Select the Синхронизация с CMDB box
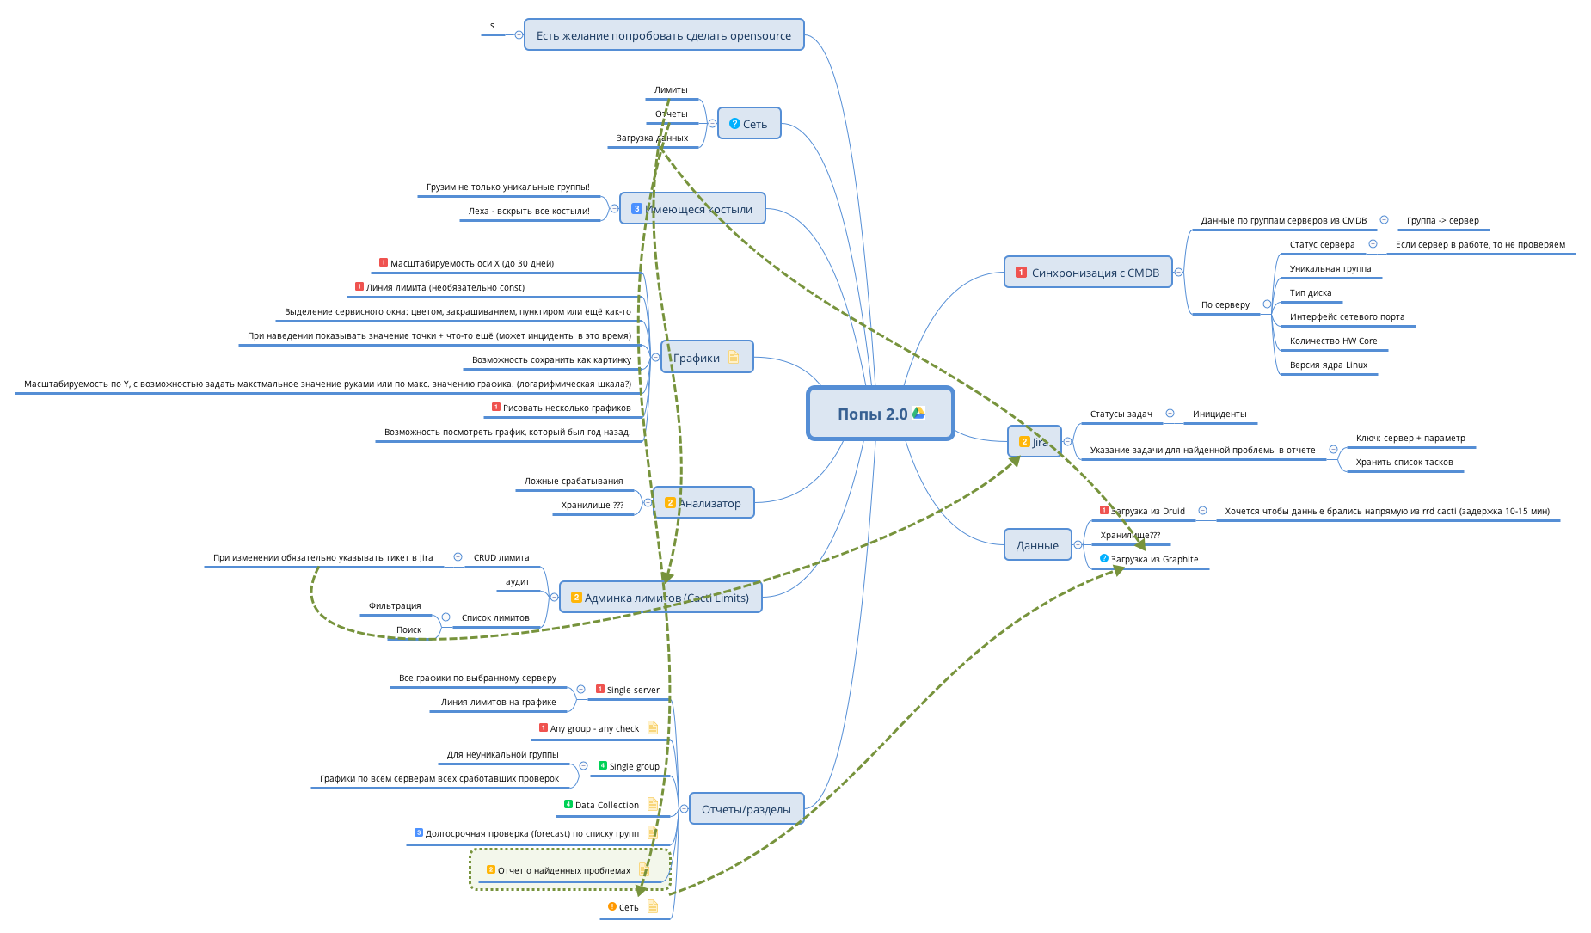(x=1088, y=273)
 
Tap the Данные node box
(x=1037, y=545)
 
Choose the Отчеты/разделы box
(x=746, y=809)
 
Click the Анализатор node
(x=703, y=503)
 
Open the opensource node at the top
(x=663, y=35)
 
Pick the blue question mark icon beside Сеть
(x=734, y=124)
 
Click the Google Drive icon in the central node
(x=918, y=413)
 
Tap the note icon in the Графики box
(x=734, y=358)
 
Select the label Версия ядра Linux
(x=1328, y=365)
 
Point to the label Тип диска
(x=1310, y=293)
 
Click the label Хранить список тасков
(x=1404, y=463)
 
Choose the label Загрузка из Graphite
(x=1154, y=560)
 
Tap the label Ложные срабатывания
(x=574, y=482)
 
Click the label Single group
(x=634, y=767)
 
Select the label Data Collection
(x=606, y=806)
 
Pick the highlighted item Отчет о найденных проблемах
(x=563, y=871)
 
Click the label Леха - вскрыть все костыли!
(x=529, y=212)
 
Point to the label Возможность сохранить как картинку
(x=551, y=360)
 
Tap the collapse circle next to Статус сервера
(x=1373, y=244)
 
